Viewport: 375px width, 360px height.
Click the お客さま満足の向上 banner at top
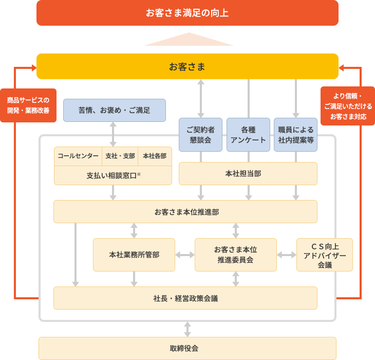point(187,13)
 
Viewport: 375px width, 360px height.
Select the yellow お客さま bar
point(187,67)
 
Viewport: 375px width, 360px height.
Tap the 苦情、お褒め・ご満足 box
point(114,110)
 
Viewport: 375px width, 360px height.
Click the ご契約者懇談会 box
point(200,135)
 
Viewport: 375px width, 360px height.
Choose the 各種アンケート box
point(248,135)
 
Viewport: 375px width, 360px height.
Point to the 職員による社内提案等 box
point(295,135)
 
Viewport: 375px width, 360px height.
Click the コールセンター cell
point(78,156)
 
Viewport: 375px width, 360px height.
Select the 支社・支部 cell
point(120,156)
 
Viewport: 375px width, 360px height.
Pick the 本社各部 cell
point(155,156)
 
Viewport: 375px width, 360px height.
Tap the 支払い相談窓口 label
point(113,175)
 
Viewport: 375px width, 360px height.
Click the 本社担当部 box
point(248,174)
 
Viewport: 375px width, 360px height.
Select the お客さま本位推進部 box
point(185,212)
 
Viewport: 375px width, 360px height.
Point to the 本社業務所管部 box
point(134,255)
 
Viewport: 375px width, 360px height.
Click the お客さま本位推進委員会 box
point(235,255)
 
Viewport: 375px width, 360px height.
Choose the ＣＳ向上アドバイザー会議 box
point(324,255)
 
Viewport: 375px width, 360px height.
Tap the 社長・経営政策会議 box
point(185,298)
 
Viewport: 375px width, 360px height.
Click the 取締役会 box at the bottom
point(187,348)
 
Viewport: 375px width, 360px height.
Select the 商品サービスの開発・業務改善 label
point(28,105)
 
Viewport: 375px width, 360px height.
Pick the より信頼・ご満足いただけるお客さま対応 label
point(348,106)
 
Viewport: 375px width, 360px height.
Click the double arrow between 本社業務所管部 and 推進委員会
point(185,255)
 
